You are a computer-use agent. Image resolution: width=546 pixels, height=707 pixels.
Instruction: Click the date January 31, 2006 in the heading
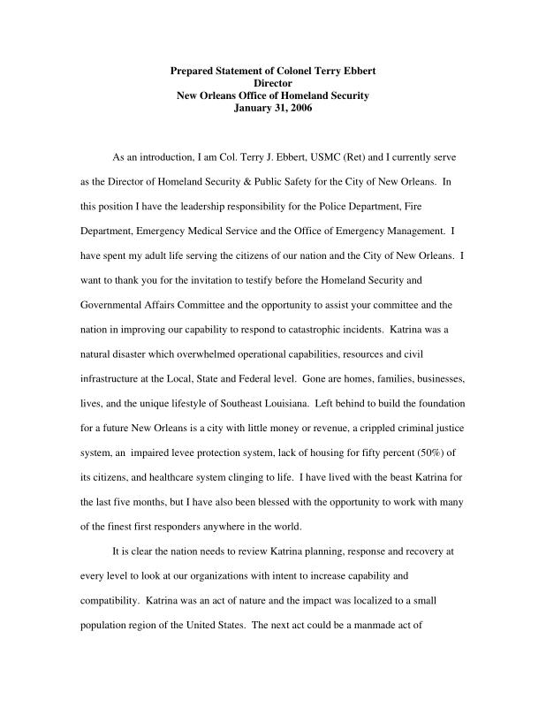tap(272, 108)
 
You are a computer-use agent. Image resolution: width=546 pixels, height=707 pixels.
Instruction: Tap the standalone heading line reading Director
tap(272, 83)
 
